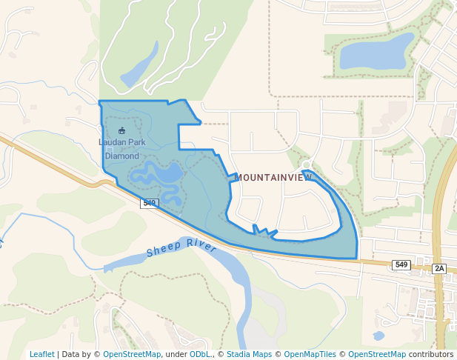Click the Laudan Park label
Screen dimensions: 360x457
122,142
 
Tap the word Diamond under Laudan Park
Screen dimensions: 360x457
122,156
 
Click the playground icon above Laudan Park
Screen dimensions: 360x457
122,131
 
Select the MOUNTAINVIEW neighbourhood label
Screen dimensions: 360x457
273,178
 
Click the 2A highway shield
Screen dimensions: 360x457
439,268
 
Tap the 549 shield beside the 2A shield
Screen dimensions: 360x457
401,264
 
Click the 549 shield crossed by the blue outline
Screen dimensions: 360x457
150,202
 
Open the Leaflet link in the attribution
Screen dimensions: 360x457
41,354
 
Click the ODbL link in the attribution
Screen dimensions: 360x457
200,354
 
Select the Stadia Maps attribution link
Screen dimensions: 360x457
249,354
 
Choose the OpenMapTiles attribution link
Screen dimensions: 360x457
307,354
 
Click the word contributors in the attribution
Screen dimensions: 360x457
431,354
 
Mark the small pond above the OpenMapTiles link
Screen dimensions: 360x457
378,336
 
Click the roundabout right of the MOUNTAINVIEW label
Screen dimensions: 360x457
307,164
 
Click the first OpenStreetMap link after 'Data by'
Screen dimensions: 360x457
131,354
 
